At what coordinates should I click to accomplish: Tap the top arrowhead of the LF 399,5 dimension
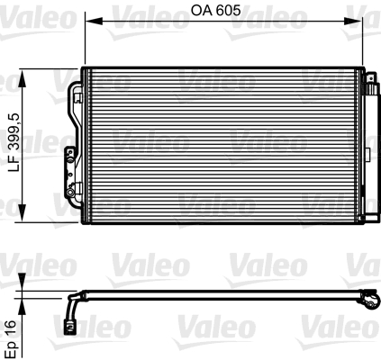tap(22, 74)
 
